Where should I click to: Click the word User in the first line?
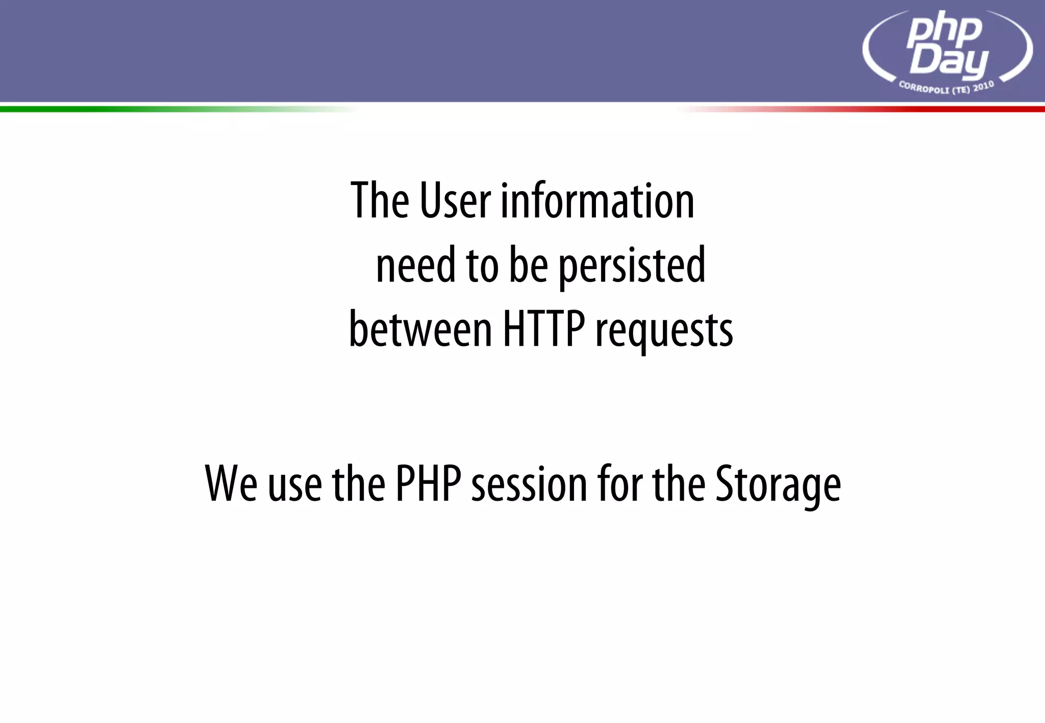click(455, 201)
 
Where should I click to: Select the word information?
click(598, 201)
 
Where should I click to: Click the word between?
click(420, 329)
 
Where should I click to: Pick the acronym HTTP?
click(544, 329)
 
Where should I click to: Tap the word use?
click(295, 484)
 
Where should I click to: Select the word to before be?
click(482, 265)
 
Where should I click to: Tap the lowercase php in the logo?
click(944, 30)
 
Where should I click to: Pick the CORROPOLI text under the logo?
click(924, 88)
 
